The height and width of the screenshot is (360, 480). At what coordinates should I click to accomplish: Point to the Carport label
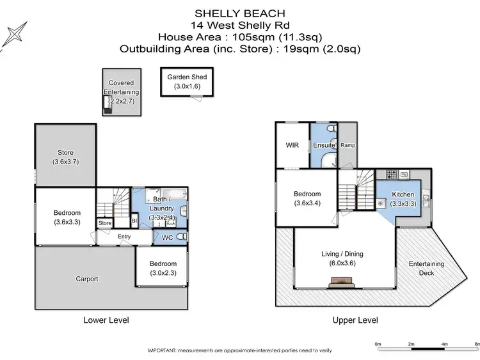[x=86, y=279]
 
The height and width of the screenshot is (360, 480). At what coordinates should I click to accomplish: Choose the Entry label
[x=124, y=237]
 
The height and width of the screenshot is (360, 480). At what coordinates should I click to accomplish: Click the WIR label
[x=292, y=145]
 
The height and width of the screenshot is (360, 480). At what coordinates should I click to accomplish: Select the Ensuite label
[x=324, y=146]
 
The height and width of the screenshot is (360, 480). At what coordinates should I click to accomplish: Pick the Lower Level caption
[x=106, y=320]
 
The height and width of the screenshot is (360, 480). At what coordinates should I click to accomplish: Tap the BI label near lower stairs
[x=134, y=221]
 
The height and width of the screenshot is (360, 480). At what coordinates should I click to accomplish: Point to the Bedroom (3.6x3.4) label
[x=307, y=198]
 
